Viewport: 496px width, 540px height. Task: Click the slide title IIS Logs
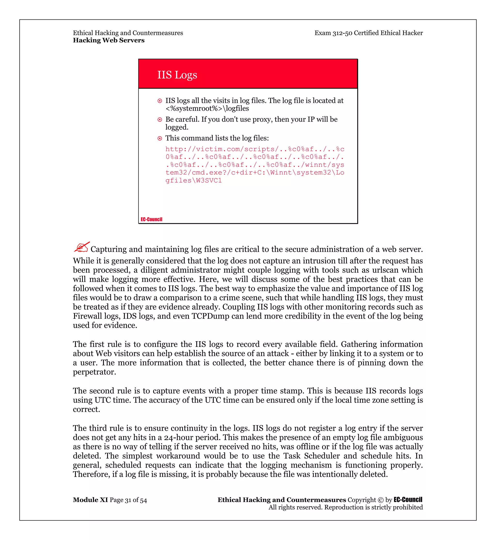pos(177,75)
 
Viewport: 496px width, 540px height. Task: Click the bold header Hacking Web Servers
pos(109,40)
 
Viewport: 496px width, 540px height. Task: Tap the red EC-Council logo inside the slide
pos(151,219)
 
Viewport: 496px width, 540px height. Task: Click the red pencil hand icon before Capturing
pos(81,247)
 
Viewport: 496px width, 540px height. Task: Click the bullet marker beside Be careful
pos(160,119)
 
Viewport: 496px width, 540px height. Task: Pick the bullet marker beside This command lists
pos(160,138)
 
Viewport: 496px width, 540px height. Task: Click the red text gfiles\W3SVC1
pos(194,181)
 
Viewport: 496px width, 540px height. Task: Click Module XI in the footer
pos(90,500)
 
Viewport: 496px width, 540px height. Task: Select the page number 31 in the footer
pos(128,500)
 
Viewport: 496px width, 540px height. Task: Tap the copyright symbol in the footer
pos(380,500)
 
